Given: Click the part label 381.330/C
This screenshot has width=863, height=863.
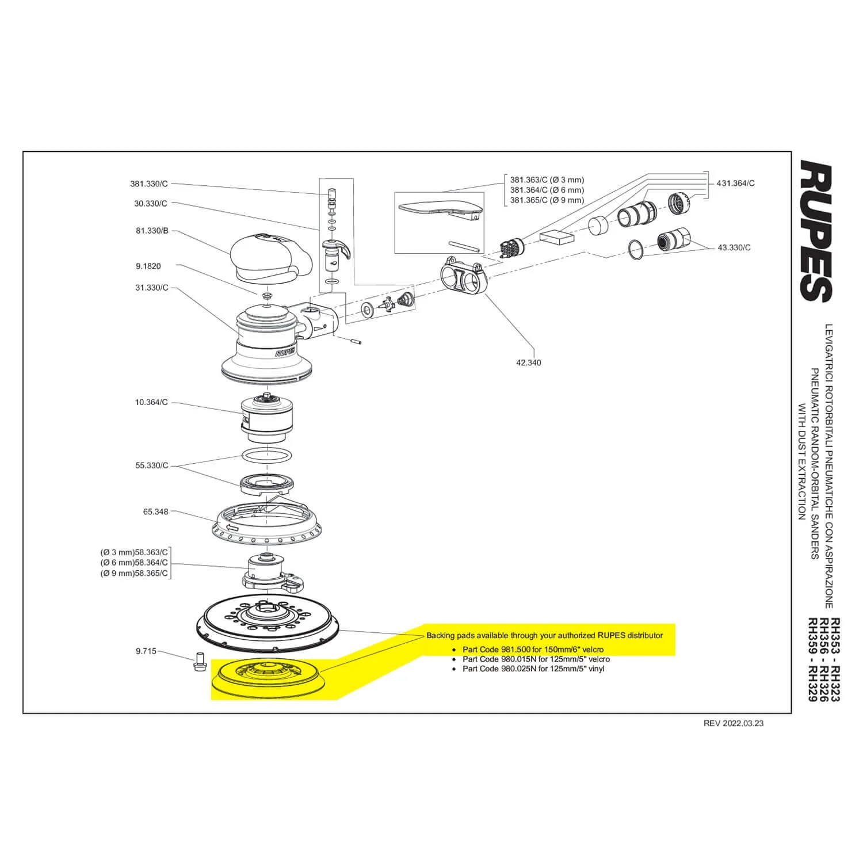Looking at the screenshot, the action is pos(149,184).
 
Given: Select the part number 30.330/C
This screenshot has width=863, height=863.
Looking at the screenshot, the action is pos(151,204).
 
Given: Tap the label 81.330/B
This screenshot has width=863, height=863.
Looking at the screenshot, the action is pos(152,231).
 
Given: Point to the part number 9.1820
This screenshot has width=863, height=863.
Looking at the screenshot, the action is pos(148,266).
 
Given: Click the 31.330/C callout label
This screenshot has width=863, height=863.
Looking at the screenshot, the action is pos(152,288).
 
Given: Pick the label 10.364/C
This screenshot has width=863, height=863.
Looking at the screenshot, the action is pos(151,403).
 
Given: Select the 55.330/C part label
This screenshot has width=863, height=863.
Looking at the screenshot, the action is pos(152,465).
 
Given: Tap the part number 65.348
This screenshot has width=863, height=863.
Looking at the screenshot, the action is pos(156,511).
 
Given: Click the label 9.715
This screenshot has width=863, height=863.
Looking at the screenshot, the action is pos(146,652).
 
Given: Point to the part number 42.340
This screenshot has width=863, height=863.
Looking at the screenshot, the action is pos(528,363).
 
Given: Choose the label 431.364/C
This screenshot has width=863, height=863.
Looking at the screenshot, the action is pos(735,184).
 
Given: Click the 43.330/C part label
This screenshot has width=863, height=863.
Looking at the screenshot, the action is pos(734,248).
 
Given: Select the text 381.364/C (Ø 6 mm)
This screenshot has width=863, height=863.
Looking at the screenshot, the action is pos(547,190).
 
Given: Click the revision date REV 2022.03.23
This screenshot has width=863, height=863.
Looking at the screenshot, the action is pos(734,723).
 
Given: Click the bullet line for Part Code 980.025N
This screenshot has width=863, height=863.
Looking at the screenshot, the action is pos(533,669).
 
